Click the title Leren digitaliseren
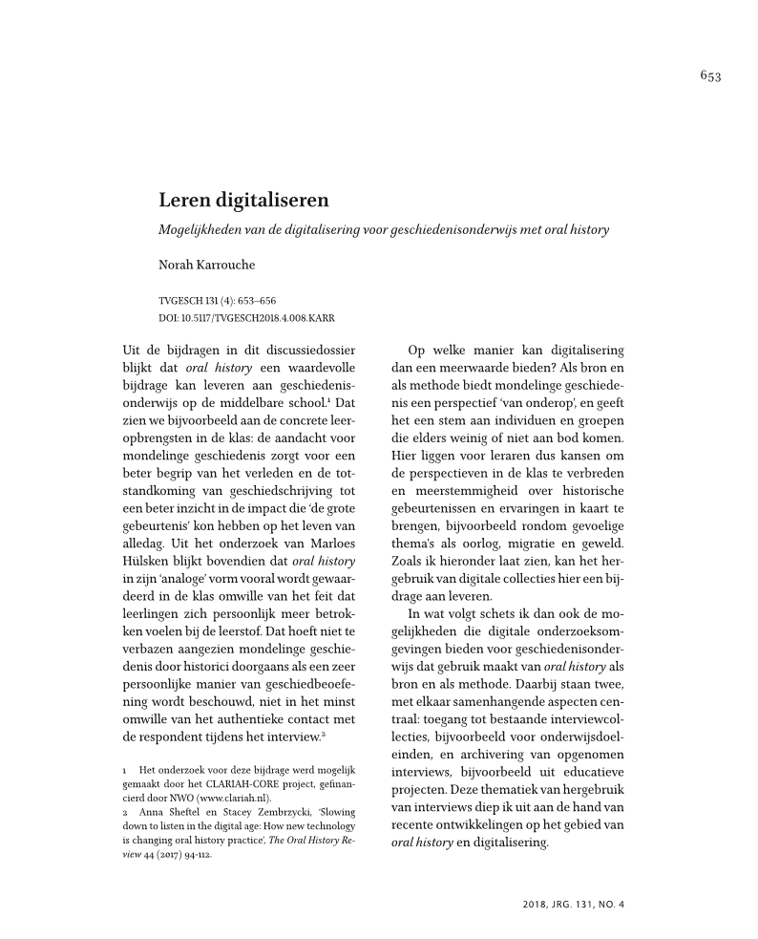pos(243,201)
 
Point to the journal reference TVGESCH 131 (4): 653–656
pos(218,300)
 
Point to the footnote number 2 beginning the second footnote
pos(126,812)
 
